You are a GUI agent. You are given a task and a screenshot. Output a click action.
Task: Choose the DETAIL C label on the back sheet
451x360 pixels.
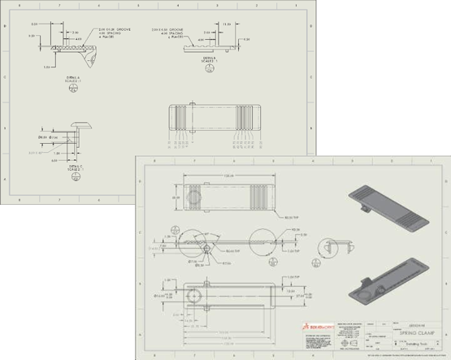76,167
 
